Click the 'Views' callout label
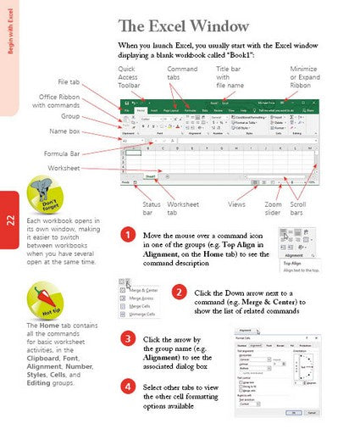[x=237, y=204]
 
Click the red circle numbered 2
[x=179, y=292]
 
